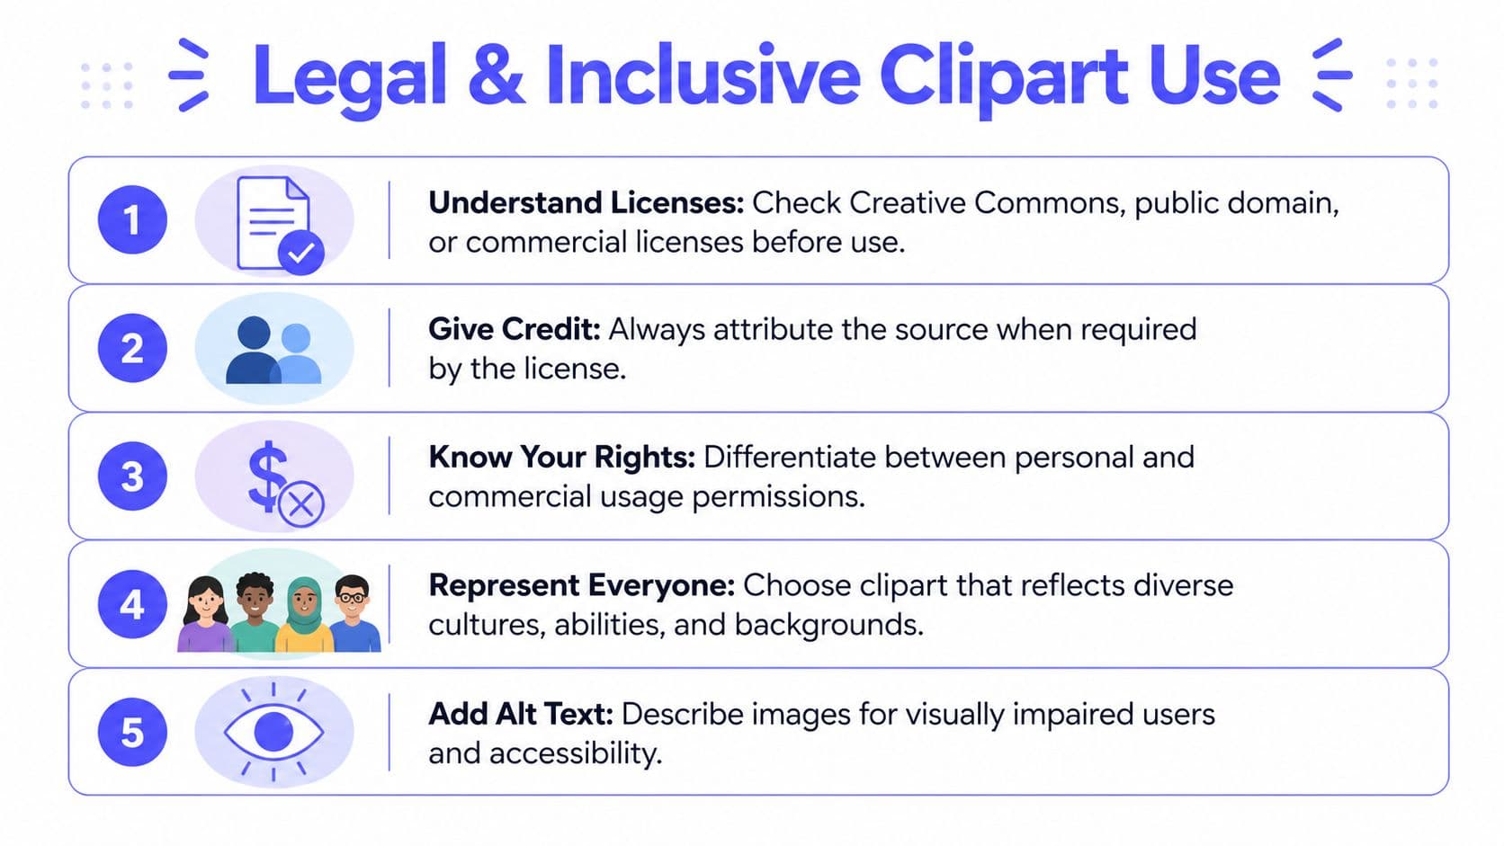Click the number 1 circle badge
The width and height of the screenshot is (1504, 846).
(x=132, y=220)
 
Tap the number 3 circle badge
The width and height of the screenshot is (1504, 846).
(x=132, y=476)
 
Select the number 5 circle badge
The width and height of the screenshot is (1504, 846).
(x=132, y=733)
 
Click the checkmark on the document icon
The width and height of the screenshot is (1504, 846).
(x=300, y=253)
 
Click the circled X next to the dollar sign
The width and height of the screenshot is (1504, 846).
(x=301, y=504)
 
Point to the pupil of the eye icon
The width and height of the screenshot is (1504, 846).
(x=273, y=732)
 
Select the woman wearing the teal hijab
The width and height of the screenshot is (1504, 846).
(x=304, y=616)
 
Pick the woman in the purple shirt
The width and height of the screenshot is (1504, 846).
(x=206, y=616)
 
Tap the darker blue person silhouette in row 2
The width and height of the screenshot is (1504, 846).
(x=253, y=352)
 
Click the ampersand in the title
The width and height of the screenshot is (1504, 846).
(x=496, y=76)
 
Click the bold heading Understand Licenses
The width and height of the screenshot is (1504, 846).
(x=586, y=203)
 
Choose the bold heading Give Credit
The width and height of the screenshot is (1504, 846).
(x=514, y=330)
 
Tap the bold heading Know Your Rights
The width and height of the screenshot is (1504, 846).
(x=561, y=458)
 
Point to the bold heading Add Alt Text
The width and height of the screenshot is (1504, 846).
(x=520, y=714)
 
